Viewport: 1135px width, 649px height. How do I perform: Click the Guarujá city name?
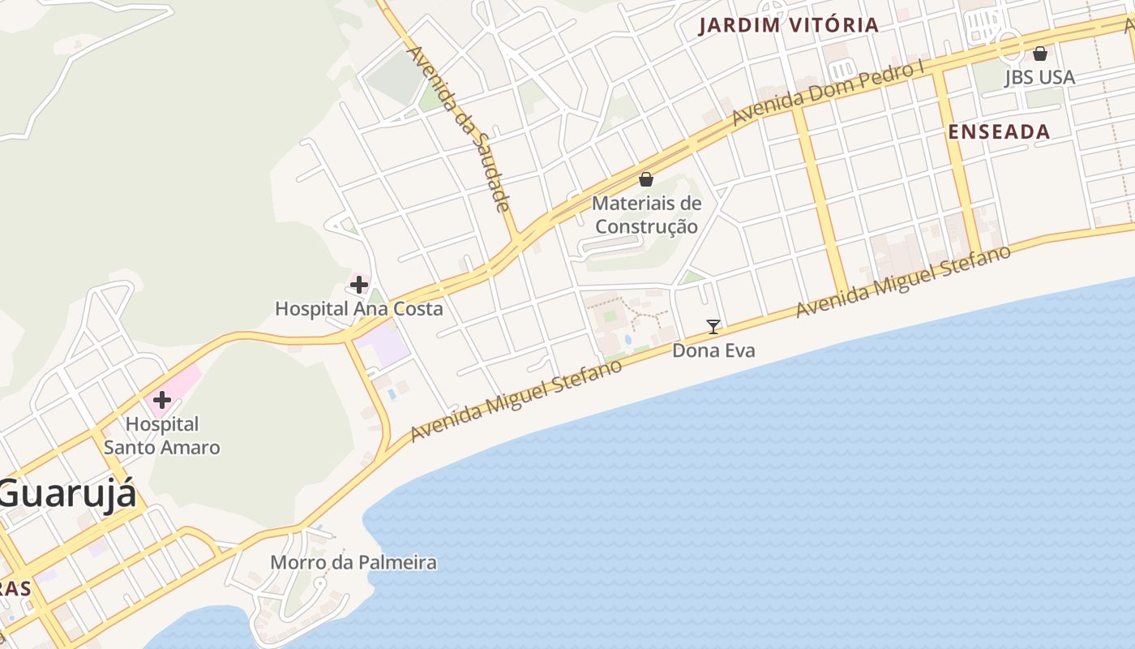coord(68,493)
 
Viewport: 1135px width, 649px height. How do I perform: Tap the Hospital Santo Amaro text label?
coord(162,436)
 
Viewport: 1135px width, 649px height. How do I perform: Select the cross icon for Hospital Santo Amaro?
coord(162,399)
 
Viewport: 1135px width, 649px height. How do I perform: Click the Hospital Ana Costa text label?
coord(358,309)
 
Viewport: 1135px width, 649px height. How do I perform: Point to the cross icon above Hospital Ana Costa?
coord(358,285)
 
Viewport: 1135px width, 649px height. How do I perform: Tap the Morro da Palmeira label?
coord(353,562)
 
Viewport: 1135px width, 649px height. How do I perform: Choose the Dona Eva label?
coord(713,350)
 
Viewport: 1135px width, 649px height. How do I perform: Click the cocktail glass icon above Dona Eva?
coord(713,326)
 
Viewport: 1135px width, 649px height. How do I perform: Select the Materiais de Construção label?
coord(646,215)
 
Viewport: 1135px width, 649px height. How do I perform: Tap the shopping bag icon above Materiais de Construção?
coord(646,178)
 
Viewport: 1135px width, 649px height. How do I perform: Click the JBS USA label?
coord(1039,78)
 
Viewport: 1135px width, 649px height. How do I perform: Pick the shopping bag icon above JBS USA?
coord(1039,54)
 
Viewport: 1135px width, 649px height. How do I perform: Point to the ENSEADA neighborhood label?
coord(999,131)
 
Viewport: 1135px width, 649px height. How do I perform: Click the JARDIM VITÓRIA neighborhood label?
coord(789,25)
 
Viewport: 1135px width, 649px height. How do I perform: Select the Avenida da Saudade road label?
coord(458,128)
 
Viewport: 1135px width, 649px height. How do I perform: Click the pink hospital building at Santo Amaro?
coord(183,381)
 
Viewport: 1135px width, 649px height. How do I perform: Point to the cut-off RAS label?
coord(15,588)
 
